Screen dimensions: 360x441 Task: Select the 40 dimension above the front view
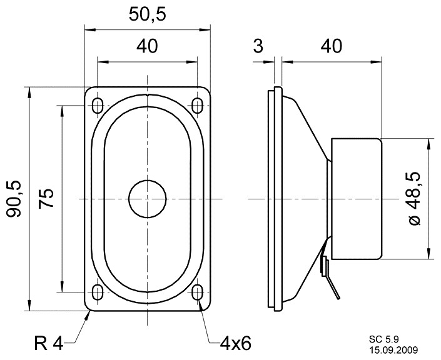(148, 47)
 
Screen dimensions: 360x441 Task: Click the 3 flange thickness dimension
(258, 46)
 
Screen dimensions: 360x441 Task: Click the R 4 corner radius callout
(49, 343)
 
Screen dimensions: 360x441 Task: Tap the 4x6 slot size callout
(235, 343)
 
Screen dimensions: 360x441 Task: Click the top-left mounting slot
(98, 106)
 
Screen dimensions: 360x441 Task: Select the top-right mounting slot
(198, 106)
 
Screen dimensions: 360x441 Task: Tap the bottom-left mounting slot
(98, 292)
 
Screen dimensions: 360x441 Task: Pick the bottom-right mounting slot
(198, 292)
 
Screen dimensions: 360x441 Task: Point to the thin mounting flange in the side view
(271, 199)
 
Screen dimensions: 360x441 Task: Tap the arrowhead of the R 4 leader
(88, 314)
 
